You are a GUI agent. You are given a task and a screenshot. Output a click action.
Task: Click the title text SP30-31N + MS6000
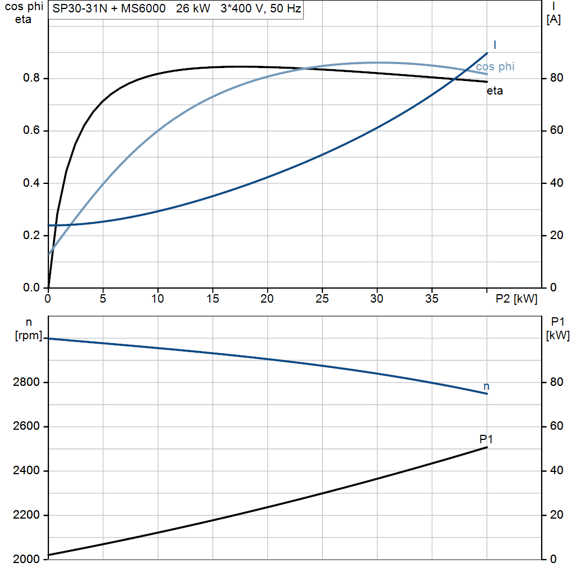tap(109, 8)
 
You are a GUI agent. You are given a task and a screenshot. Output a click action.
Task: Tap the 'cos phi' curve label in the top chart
tap(495, 66)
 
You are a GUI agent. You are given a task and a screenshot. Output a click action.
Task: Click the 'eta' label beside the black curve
tap(494, 91)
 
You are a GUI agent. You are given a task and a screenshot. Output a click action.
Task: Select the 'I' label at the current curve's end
tap(495, 45)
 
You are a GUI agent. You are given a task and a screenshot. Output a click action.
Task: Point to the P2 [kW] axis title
tap(516, 299)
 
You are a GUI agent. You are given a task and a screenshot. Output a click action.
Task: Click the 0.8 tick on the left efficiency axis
tap(31, 78)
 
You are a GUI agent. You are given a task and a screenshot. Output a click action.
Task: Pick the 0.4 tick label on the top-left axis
tap(31, 183)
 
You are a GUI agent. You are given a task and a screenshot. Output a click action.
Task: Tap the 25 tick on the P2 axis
tap(322, 299)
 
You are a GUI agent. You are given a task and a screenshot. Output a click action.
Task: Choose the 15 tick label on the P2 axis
tap(212, 299)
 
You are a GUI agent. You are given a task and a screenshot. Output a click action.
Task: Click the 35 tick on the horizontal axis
tap(431, 299)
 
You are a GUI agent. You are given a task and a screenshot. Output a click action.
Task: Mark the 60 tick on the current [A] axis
tap(556, 130)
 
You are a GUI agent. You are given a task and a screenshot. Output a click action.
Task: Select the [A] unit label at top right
tap(553, 20)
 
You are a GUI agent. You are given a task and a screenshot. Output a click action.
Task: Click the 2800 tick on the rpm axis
tap(26, 382)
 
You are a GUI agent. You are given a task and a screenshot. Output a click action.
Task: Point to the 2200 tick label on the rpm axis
tap(26, 515)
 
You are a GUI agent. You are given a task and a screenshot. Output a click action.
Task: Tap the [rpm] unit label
tap(29, 335)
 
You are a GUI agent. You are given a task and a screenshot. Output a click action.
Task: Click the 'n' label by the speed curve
tap(487, 386)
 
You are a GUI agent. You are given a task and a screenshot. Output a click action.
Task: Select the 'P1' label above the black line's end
tap(486, 439)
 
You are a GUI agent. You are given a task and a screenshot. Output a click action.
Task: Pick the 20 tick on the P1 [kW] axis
tap(556, 515)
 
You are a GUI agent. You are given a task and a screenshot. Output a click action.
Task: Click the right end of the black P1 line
tap(487, 447)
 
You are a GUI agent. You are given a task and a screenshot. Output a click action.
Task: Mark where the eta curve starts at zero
tap(48, 287)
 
